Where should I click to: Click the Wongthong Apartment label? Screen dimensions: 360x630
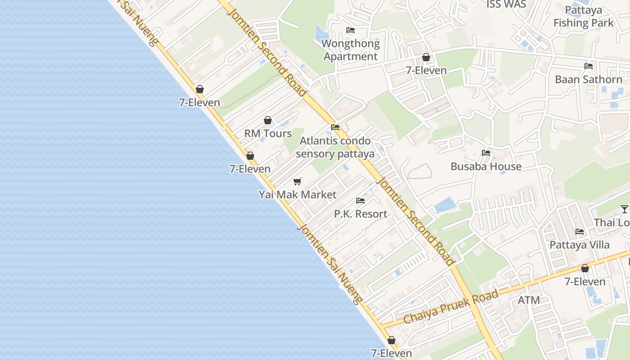[x=351, y=50]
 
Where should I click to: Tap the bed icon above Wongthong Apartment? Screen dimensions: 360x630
[x=351, y=30]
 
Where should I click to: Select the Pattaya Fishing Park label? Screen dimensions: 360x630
[x=583, y=16]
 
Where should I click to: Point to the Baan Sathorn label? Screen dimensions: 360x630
[x=588, y=80]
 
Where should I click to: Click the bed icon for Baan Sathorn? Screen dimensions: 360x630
[x=588, y=66]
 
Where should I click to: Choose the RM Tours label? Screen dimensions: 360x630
[x=268, y=134]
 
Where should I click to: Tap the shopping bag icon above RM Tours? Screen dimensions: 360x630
[x=268, y=120]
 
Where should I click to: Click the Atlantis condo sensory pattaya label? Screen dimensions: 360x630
[x=335, y=147]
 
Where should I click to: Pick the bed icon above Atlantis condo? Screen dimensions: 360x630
[x=335, y=127]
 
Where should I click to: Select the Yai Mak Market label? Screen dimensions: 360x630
[x=297, y=195]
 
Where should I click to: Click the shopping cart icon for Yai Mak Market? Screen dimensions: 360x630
[x=297, y=181]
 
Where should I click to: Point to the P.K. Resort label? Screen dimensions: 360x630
[x=360, y=214]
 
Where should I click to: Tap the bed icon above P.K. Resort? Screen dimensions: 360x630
[x=360, y=200]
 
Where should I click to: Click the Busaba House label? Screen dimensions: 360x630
[x=486, y=166]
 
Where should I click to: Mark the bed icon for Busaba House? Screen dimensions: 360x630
[x=486, y=153]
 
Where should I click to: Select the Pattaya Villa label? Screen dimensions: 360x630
[x=580, y=245]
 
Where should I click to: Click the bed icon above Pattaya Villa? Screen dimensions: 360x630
[x=580, y=232]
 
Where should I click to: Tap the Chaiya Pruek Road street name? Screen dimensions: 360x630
[x=451, y=307]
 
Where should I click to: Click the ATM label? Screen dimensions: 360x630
[x=529, y=300]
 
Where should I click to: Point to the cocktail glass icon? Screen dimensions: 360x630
[x=625, y=209]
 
